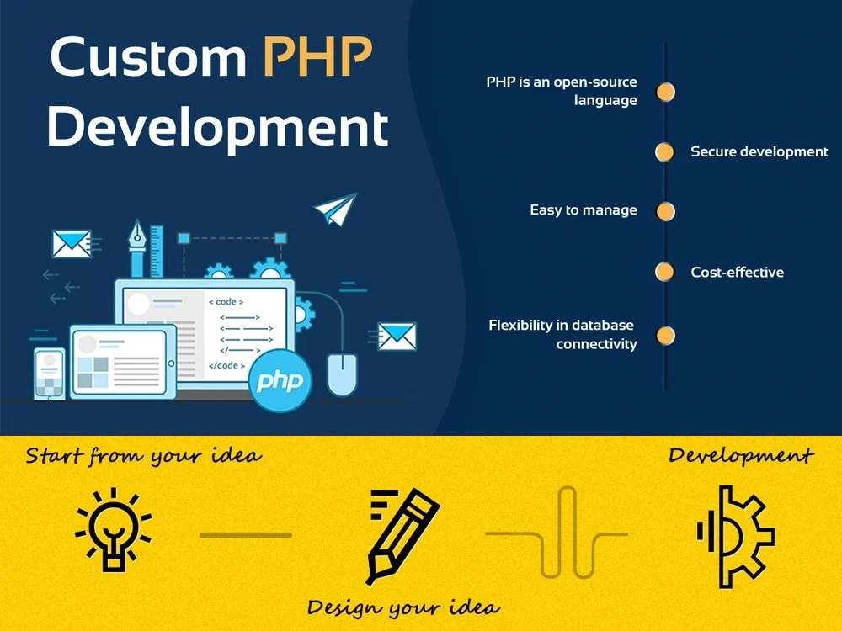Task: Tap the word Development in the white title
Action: click(218, 128)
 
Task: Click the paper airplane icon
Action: click(335, 209)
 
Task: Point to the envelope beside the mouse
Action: click(397, 336)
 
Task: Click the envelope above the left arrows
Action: click(72, 244)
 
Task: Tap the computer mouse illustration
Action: click(342, 374)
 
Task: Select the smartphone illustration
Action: click(49, 374)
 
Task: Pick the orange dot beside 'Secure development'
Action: click(665, 152)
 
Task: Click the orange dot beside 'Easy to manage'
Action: click(665, 211)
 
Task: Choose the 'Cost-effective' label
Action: click(737, 272)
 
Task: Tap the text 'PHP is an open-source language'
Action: click(562, 91)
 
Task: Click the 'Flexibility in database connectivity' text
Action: click(562, 334)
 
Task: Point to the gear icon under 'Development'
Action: click(735, 536)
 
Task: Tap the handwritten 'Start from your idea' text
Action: click(143, 457)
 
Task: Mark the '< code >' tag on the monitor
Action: click(226, 302)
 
